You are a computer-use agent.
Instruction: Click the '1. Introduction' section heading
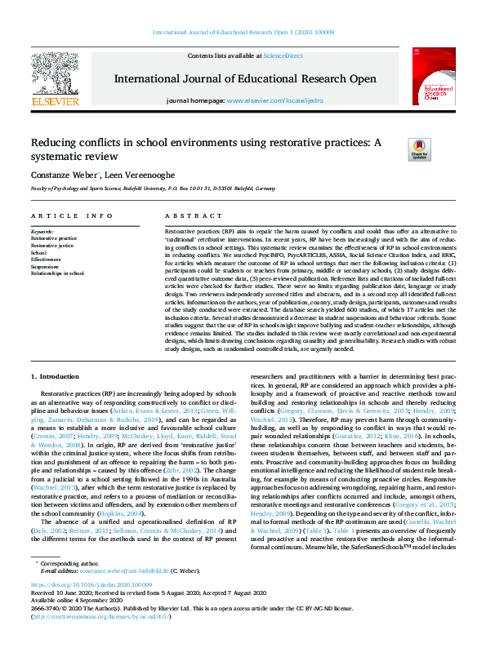(x=56, y=376)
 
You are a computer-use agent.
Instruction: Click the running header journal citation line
(x=243, y=33)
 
